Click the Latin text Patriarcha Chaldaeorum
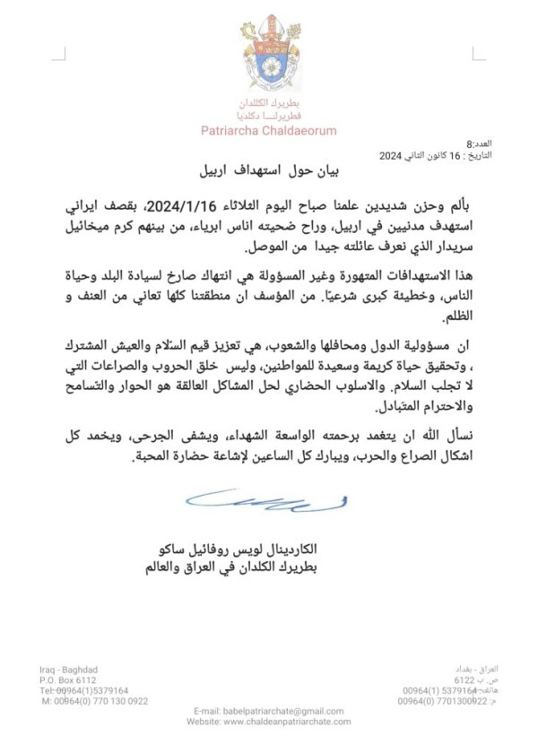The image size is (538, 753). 268,131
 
